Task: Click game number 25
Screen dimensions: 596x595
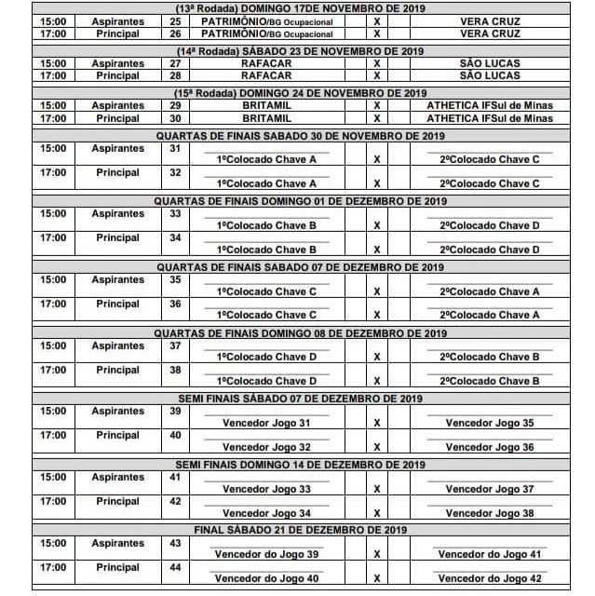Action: (175, 21)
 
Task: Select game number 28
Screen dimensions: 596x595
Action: (175, 75)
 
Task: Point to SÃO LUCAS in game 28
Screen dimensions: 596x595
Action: (490, 75)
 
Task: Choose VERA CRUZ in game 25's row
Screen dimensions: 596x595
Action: (490, 21)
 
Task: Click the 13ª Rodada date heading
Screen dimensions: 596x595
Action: (299, 8)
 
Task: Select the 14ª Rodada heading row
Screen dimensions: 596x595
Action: (299, 51)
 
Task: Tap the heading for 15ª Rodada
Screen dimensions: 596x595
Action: (299, 94)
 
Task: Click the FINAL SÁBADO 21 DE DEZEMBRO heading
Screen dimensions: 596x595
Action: (299, 530)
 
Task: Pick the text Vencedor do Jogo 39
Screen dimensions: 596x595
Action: (266, 554)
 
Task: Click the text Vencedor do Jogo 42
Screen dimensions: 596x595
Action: (490, 578)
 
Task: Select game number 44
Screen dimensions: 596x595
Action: (175, 567)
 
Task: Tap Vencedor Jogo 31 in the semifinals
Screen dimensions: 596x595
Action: (266, 423)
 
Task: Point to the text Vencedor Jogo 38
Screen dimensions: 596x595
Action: (490, 513)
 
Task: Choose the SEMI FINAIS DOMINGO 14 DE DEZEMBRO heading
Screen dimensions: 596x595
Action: (299, 465)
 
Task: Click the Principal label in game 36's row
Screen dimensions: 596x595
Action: (117, 304)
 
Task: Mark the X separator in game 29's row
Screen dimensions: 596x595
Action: (377, 106)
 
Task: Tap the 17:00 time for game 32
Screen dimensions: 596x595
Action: (53, 172)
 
